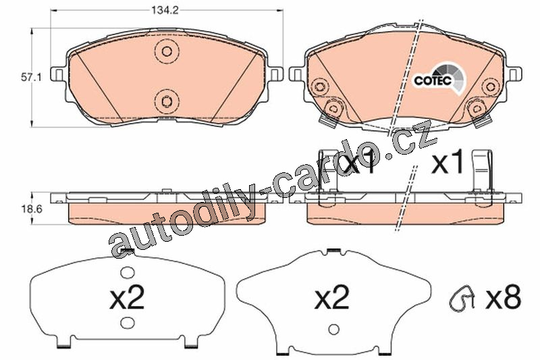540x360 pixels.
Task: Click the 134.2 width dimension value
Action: (165, 10)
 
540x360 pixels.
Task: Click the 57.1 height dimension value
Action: (31, 78)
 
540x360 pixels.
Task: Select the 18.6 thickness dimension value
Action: (31, 209)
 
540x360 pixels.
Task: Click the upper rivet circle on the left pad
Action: (167, 51)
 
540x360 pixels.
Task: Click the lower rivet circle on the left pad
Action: (167, 101)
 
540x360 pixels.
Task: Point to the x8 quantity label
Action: (503, 297)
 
